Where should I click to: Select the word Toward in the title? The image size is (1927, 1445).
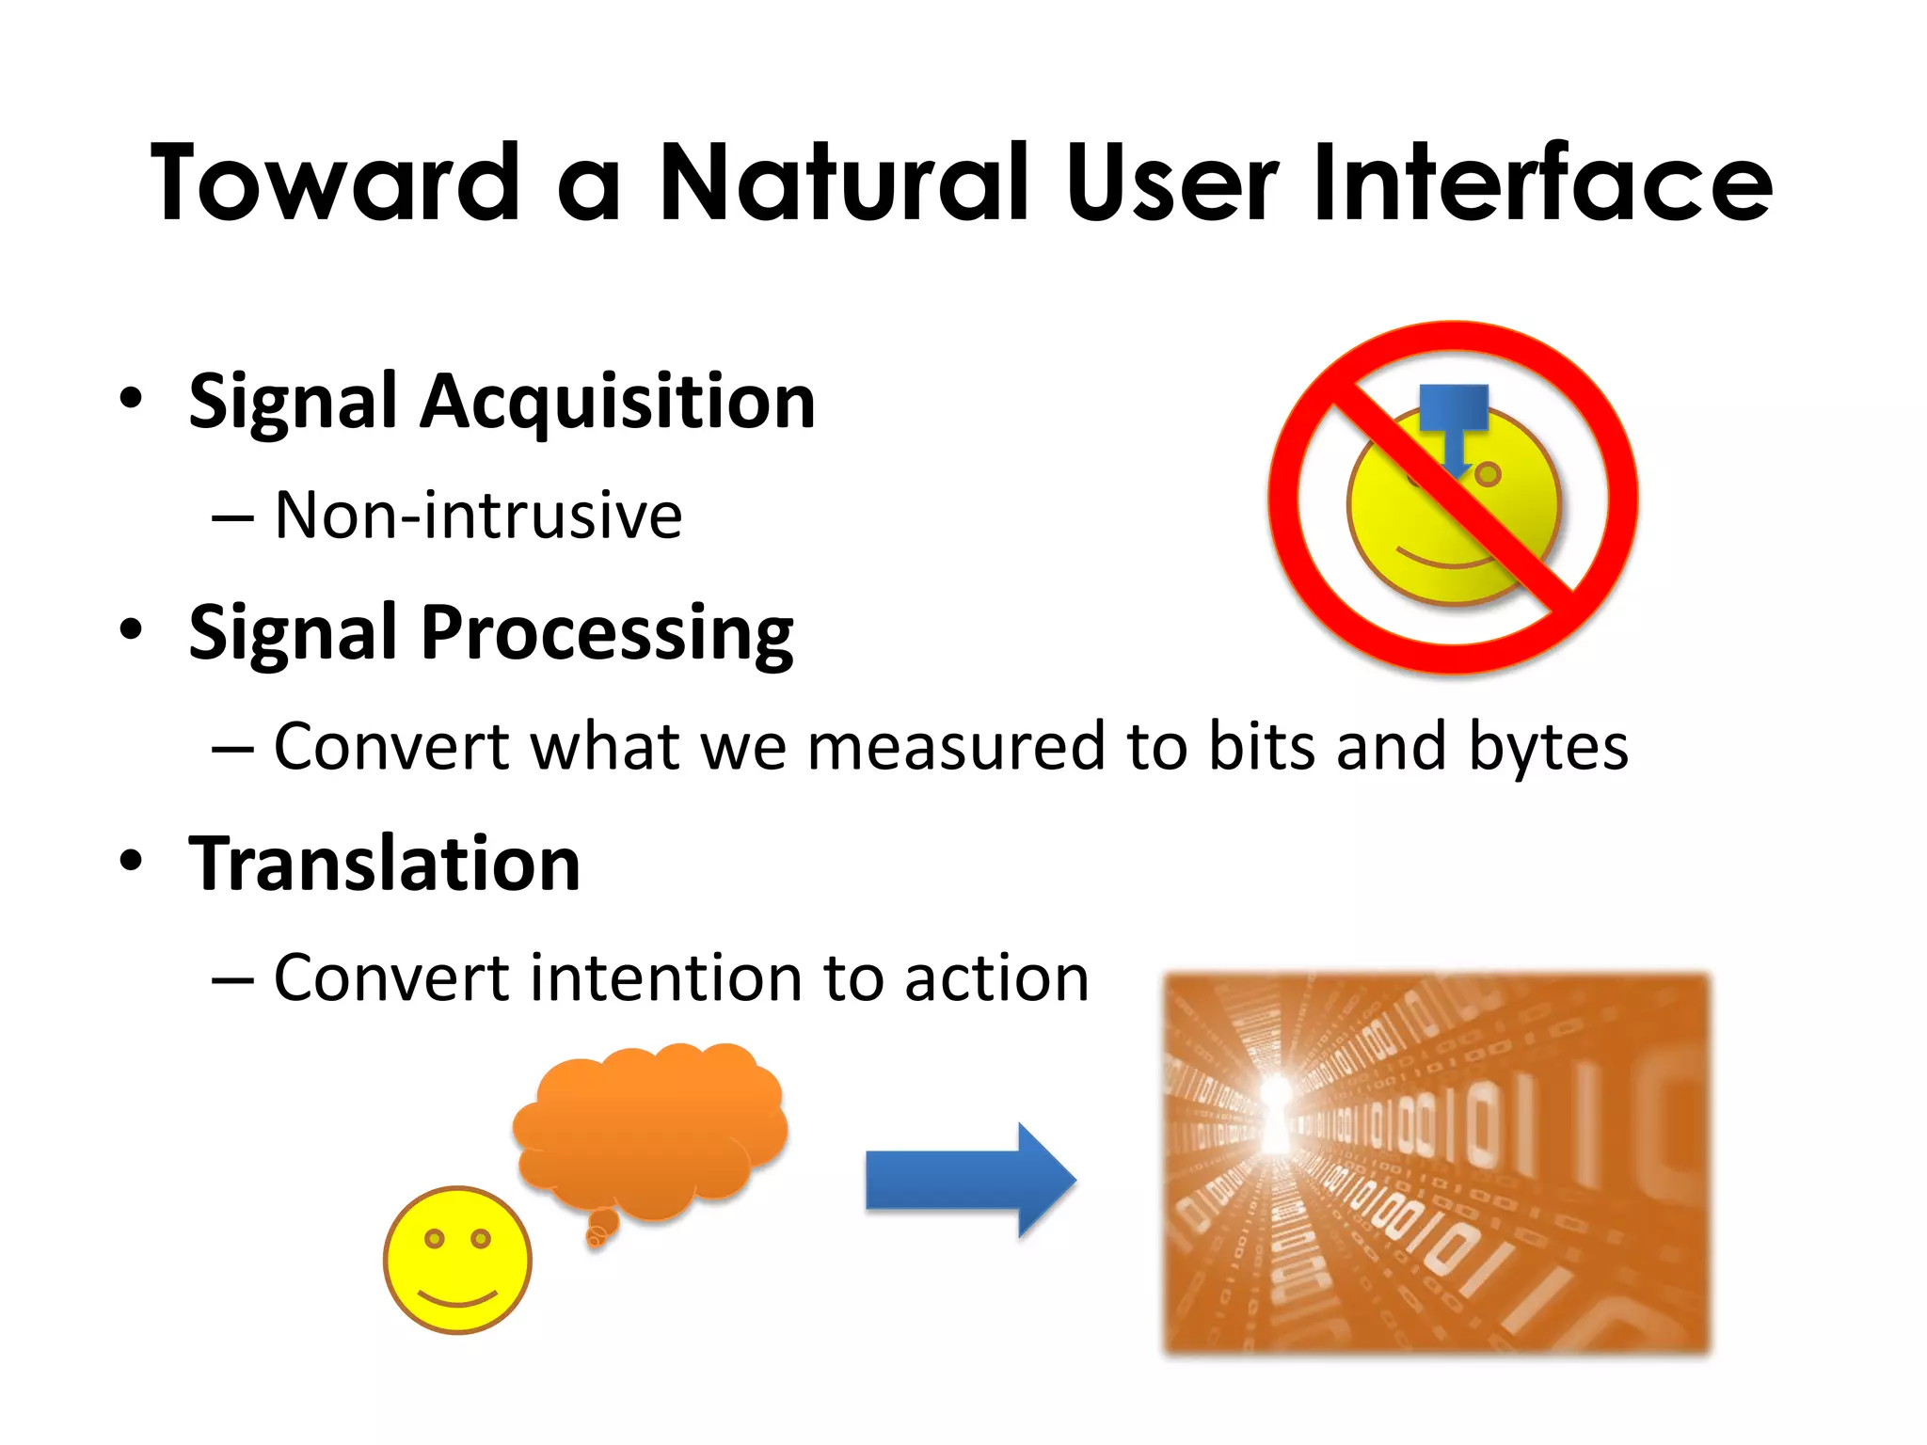(336, 183)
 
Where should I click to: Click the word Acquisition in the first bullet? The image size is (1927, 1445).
(617, 403)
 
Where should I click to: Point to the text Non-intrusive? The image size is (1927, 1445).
(478, 516)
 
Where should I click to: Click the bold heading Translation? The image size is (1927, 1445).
(385, 864)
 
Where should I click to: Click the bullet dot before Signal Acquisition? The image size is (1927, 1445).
(131, 398)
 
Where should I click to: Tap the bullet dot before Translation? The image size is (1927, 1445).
(131, 860)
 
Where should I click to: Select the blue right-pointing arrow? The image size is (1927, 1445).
(969, 1180)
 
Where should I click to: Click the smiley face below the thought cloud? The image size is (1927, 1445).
(457, 1261)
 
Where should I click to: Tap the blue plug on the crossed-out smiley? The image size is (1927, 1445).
(1454, 414)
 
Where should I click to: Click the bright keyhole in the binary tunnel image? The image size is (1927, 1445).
(1276, 1115)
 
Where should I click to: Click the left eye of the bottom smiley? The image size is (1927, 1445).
(434, 1238)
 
